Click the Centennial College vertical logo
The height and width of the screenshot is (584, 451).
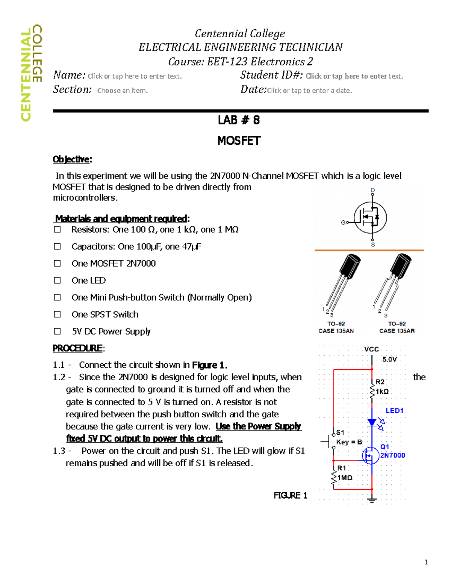[x=31, y=73]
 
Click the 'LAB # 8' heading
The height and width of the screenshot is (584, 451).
[x=239, y=120]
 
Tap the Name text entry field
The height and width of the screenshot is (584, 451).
[x=135, y=76]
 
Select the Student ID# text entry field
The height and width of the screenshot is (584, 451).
[x=354, y=76]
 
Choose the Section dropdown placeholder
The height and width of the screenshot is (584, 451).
[x=123, y=91]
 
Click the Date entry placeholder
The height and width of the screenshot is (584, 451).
[x=309, y=91]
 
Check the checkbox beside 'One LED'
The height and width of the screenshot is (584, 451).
[x=57, y=281]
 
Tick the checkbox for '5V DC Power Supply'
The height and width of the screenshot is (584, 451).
[x=57, y=331]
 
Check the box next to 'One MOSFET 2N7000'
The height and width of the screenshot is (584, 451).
[x=57, y=264]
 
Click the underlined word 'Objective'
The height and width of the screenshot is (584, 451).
[x=71, y=159]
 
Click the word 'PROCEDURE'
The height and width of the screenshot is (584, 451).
[x=77, y=348]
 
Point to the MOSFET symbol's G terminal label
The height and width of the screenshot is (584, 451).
[x=343, y=223]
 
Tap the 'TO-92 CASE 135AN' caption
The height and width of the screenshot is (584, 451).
[x=336, y=328]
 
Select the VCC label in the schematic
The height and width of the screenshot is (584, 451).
[x=371, y=349]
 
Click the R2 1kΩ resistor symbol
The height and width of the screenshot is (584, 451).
[x=372, y=391]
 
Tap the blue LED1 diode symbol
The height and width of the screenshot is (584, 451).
[x=372, y=422]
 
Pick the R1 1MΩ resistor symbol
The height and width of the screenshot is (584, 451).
[x=333, y=478]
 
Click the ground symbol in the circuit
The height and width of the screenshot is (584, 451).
[x=372, y=500]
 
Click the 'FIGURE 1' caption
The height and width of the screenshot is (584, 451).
[x=290, y=496]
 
